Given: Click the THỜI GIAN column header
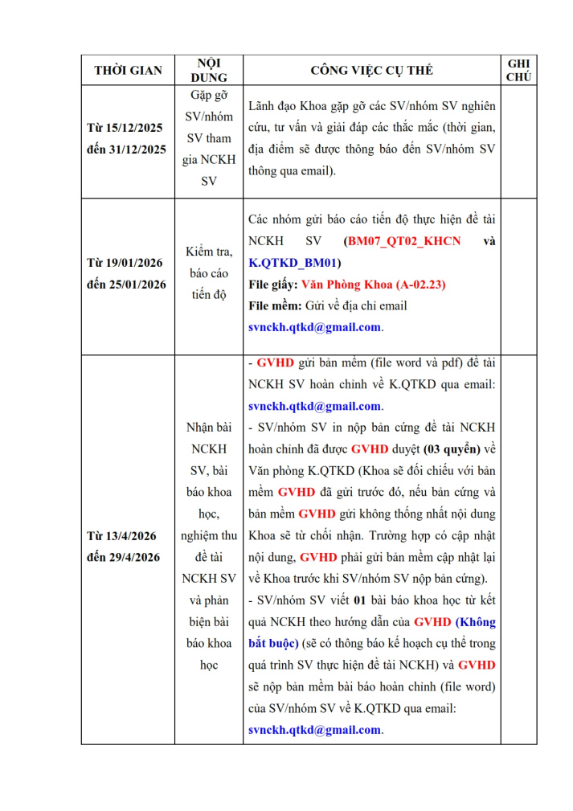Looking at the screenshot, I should [128, 70].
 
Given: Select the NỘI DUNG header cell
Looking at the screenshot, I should [209, 70].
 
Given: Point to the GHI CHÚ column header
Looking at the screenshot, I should [519, 70].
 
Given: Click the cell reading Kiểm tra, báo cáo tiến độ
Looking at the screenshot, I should [209, 273].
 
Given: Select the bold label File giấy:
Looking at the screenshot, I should [273, 284].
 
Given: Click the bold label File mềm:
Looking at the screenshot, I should [276, 305].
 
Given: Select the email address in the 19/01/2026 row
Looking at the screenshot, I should [314, 327].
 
